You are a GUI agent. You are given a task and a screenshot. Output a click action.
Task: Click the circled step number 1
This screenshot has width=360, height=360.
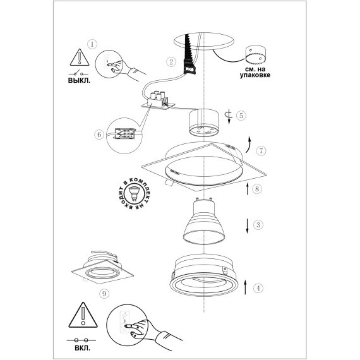pyautogui.click(x=92, y=44)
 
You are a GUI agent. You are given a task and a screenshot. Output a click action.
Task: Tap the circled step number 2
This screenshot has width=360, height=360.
pyautogui.click(x=171, y=61)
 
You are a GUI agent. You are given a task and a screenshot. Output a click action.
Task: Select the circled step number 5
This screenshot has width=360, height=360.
pyautogui.click(x=241, y=115)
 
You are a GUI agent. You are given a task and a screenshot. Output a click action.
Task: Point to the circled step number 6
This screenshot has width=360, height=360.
pyautogui.click(x=99, y=135)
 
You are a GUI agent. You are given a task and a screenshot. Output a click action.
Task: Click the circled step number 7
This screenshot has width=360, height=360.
pyautogui.click(x=261, y=151)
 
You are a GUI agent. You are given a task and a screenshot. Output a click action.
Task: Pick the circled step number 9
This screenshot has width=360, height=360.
pyautogui.click(x=104, y=294)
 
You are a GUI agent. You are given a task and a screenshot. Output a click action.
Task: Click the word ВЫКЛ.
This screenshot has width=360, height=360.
pyautogui.click(x=79, y=81)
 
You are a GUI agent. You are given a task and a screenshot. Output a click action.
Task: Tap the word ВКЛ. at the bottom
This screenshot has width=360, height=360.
pyautogui.click(x=83, y=348)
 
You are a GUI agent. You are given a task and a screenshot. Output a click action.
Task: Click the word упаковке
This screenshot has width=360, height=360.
pyautogui.click(x=255, y=75)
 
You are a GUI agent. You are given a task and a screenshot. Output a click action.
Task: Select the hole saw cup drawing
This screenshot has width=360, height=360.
pyautogui.click(x=256, y=55)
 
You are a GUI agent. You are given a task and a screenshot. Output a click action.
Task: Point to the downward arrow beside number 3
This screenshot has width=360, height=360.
pyautogui.click(x=248, y=226)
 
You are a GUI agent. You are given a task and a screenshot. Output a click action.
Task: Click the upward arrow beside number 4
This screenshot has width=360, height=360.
pyautogui.click(x=246, y=287)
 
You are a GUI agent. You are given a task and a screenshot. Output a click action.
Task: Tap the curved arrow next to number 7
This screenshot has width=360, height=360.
pyautogui.click(x=249, y=145)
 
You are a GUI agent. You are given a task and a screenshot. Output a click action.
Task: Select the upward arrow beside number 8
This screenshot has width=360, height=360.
pyautogui.click(x=248, y=189)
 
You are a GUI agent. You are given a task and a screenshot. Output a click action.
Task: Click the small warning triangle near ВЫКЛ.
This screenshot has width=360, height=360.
pyautogui.click(x=80, y=57)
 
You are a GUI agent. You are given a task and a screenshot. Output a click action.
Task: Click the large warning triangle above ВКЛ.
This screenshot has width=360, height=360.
pyautogui.click(x=83, y=315)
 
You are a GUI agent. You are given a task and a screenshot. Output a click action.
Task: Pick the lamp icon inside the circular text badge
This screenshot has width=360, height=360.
pyautogui.click(x=134, y=193)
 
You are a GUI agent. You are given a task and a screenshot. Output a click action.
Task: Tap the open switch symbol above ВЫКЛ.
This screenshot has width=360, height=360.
pyautogui.click(x=78, y=73)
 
